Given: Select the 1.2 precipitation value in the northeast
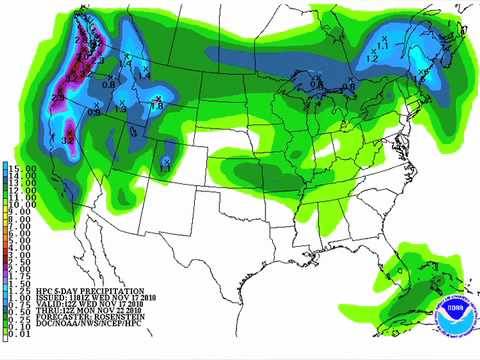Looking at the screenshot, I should [x=370, y=59].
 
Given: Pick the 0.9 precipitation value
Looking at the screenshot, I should [x=95, y=112].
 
